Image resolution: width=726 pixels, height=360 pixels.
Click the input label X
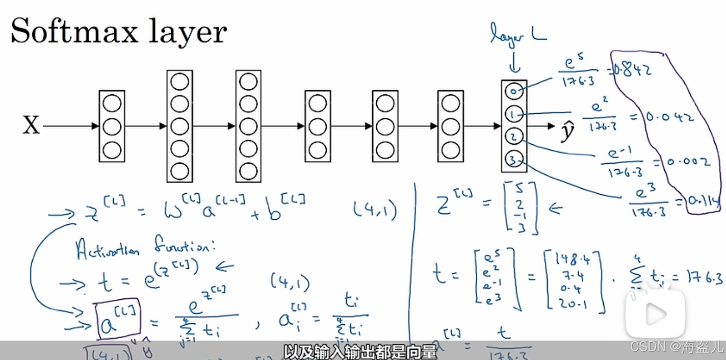pyautogui.click(x=31, y=125)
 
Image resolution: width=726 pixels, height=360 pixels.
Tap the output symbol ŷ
pyautogui.click(x=566, y=131)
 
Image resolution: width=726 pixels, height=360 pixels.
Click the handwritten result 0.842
pyautogui.click(x=632, y=71)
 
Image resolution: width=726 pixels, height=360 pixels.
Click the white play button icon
pyautogui.click(x=655, y=312)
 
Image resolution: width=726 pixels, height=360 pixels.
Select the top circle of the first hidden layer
pyautogui.click(x=112, y=104)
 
